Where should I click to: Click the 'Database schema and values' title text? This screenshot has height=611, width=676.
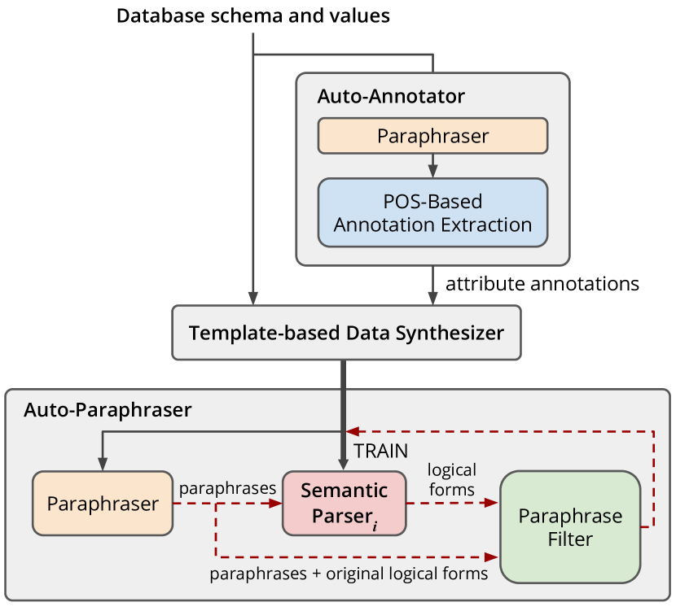click(x=253, y=16)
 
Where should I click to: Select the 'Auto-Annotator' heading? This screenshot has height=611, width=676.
click(x=391, y=96)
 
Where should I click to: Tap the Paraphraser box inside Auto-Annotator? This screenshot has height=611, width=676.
click(x=432, y=136)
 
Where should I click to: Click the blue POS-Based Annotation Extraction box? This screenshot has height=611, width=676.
click(x=432, y=212)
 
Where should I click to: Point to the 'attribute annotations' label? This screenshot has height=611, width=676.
click(x=542, y=284)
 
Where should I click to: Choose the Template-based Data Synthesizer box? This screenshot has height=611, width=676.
click(x=347, y=333)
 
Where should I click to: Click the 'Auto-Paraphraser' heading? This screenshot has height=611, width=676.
click(x=108, y=409)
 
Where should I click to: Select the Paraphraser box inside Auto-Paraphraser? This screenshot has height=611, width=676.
click(x=103, y=504)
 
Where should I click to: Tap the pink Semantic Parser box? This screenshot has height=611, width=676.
click(x=344, y=504)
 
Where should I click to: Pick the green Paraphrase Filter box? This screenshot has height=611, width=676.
click(x=570, y=527)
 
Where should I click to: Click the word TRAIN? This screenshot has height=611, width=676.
click(x=380, y=451)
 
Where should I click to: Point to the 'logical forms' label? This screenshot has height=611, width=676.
click(x=452, y=480)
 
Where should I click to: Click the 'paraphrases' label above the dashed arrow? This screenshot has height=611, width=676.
click(x=227, y=488)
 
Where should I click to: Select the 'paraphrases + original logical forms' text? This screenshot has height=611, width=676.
click(x=349, y=574)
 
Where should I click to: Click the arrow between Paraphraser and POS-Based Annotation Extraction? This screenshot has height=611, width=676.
click(x=432, y=166)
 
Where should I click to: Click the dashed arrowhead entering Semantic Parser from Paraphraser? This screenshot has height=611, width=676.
click(x=275, y=503)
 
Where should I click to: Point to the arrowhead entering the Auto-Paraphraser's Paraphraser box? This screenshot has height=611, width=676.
click(x=103, y=465)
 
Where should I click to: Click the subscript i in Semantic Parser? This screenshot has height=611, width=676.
click(x=375, y=526)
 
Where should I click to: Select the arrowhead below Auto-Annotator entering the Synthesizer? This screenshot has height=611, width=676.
click(x=432, y=299)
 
